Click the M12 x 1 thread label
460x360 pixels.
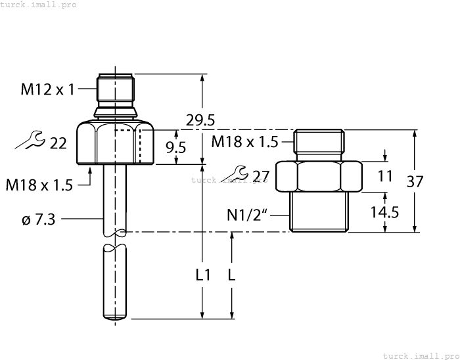[x=48, y=90]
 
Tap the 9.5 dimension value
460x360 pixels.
[x=175, y=148]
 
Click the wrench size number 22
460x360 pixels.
[x=58, y=143]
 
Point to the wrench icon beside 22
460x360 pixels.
[x=30, y=140]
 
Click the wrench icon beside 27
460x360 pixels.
[x=236, y=173]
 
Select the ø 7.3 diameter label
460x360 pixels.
[x=39, y=219]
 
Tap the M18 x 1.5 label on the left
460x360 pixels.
[x=39, y=185]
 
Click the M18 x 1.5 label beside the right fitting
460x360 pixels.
[x=244, y=141]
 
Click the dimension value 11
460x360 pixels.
[x=385, y=176]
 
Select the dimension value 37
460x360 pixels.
[x=415, y=181]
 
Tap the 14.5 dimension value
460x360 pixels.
[x=382, y=213]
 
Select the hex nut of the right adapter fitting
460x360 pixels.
[x=319, y=176]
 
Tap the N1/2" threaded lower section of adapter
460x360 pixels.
[x=319, y=211]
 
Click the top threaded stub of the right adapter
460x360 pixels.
[x=319, y=141]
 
